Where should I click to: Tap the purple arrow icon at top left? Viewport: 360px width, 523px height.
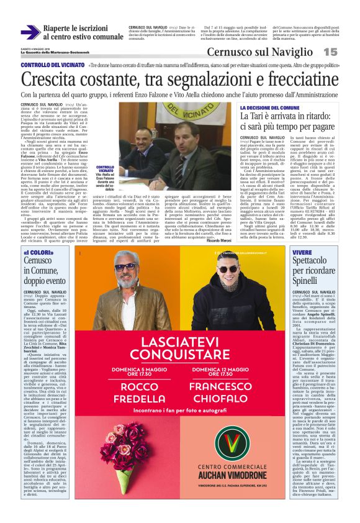pyautogui.click(x=30, y=32)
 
